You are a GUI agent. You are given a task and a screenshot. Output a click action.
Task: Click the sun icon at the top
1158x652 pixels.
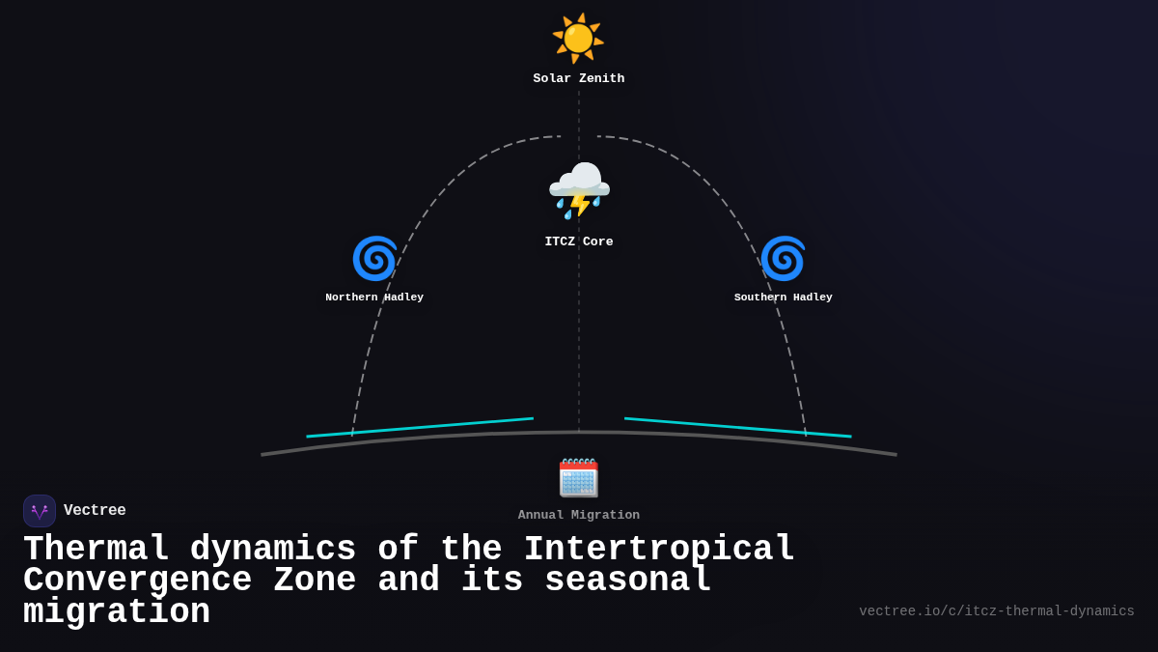click(578, 39)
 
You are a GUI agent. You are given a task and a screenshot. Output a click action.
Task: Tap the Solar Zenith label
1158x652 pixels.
click(578, 78)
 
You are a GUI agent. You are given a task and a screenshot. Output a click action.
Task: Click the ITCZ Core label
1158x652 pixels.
click(578, 241)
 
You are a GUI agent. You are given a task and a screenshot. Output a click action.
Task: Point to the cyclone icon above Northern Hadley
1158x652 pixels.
click(374, 259)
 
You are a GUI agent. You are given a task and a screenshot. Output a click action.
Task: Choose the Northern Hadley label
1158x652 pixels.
click(374, 298)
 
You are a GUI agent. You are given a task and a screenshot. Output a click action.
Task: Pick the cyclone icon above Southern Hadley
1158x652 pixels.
click(783, 259)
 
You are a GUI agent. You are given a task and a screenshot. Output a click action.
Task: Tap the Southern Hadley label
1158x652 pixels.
click(783, 298)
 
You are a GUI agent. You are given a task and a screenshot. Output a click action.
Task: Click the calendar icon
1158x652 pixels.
click(578, 478)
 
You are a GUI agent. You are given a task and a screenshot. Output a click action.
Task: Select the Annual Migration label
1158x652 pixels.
click(578, 515)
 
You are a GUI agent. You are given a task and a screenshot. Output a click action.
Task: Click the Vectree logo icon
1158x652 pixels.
click(40, 511)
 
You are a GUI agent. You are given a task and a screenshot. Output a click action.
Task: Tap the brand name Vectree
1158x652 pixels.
click(95, 511)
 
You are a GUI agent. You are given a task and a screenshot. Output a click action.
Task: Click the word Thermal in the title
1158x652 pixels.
click(96, 550)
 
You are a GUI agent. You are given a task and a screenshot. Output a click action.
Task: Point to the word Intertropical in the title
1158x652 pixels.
click(659, 550)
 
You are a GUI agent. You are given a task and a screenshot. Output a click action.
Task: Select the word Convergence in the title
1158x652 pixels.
click(137, 581)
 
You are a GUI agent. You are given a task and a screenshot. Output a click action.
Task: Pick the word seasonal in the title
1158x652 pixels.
click(627, 581)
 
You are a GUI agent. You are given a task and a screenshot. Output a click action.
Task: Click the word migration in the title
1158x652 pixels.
click(117, 612)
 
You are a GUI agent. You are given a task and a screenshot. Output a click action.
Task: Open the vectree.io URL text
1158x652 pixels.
click(996, 611)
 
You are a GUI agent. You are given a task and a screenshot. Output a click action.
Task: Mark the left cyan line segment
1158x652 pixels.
click(420, 427)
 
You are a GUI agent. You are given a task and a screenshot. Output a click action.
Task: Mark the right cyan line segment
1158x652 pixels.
click(738, 427)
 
